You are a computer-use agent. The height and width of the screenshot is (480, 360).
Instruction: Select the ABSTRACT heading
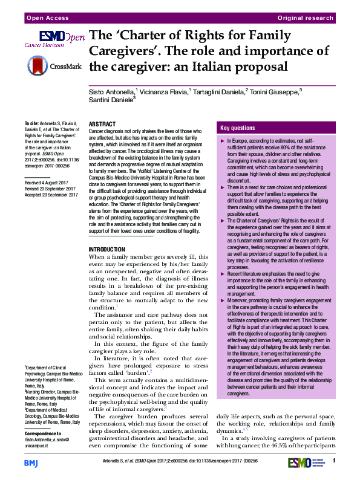pyautogui.click(x=102, y=123)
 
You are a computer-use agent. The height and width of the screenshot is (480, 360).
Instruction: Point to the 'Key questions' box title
pyautogui.click(x=238, y=128)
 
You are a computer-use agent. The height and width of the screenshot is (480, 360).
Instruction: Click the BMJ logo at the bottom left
pyautogui.click(x=31, y=462)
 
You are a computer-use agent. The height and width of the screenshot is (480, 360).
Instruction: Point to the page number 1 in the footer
pyautogui.click(x=334, y=462)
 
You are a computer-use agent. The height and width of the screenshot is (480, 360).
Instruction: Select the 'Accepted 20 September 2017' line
pyautogui.click(x=52, y=195)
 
